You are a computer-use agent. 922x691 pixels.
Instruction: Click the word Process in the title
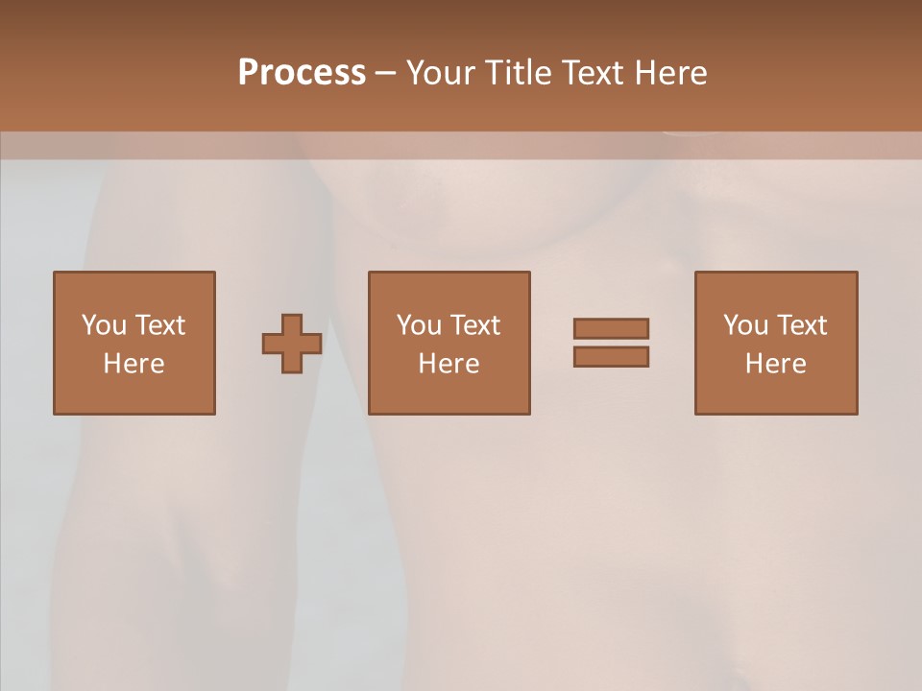(x=302, y=73)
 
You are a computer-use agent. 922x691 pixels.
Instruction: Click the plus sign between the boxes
(x=292, y=344)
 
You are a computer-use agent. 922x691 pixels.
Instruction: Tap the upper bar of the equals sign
(x=611, y=328)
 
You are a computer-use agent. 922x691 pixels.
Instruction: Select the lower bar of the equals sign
(x=611, y=357)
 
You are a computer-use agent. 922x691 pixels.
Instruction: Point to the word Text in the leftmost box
(x=160, y=325)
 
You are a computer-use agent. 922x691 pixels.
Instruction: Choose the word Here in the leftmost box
(x=133, y=364)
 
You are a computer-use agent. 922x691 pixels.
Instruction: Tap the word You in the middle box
(x=418, y=325)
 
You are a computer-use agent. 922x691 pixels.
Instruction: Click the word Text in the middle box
(x=476, y=325)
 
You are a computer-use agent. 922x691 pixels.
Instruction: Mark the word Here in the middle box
(x=449, y=364)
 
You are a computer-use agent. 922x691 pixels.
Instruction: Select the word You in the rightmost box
(x=744, y=325)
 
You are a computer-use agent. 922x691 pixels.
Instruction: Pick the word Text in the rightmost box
(x=803, y=325)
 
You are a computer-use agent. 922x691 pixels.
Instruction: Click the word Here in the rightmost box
(x=775, y=364)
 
